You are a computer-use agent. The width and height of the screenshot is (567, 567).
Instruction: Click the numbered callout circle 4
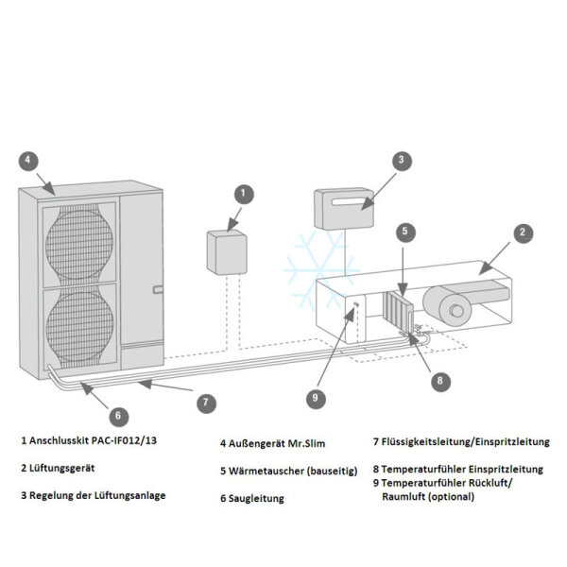pyautogui.click(x=29, y=160)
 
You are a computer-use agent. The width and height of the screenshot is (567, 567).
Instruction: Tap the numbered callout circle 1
pyautogui.click(x=244, y=194)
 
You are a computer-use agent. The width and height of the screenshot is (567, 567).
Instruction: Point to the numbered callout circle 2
pyautogui.click(x=523, y=230)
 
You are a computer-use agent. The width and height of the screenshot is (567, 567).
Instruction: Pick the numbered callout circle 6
pyautogui.click(x=118, y=414)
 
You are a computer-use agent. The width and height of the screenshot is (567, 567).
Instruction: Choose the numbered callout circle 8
pyautogui.click(x=438, y=382)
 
